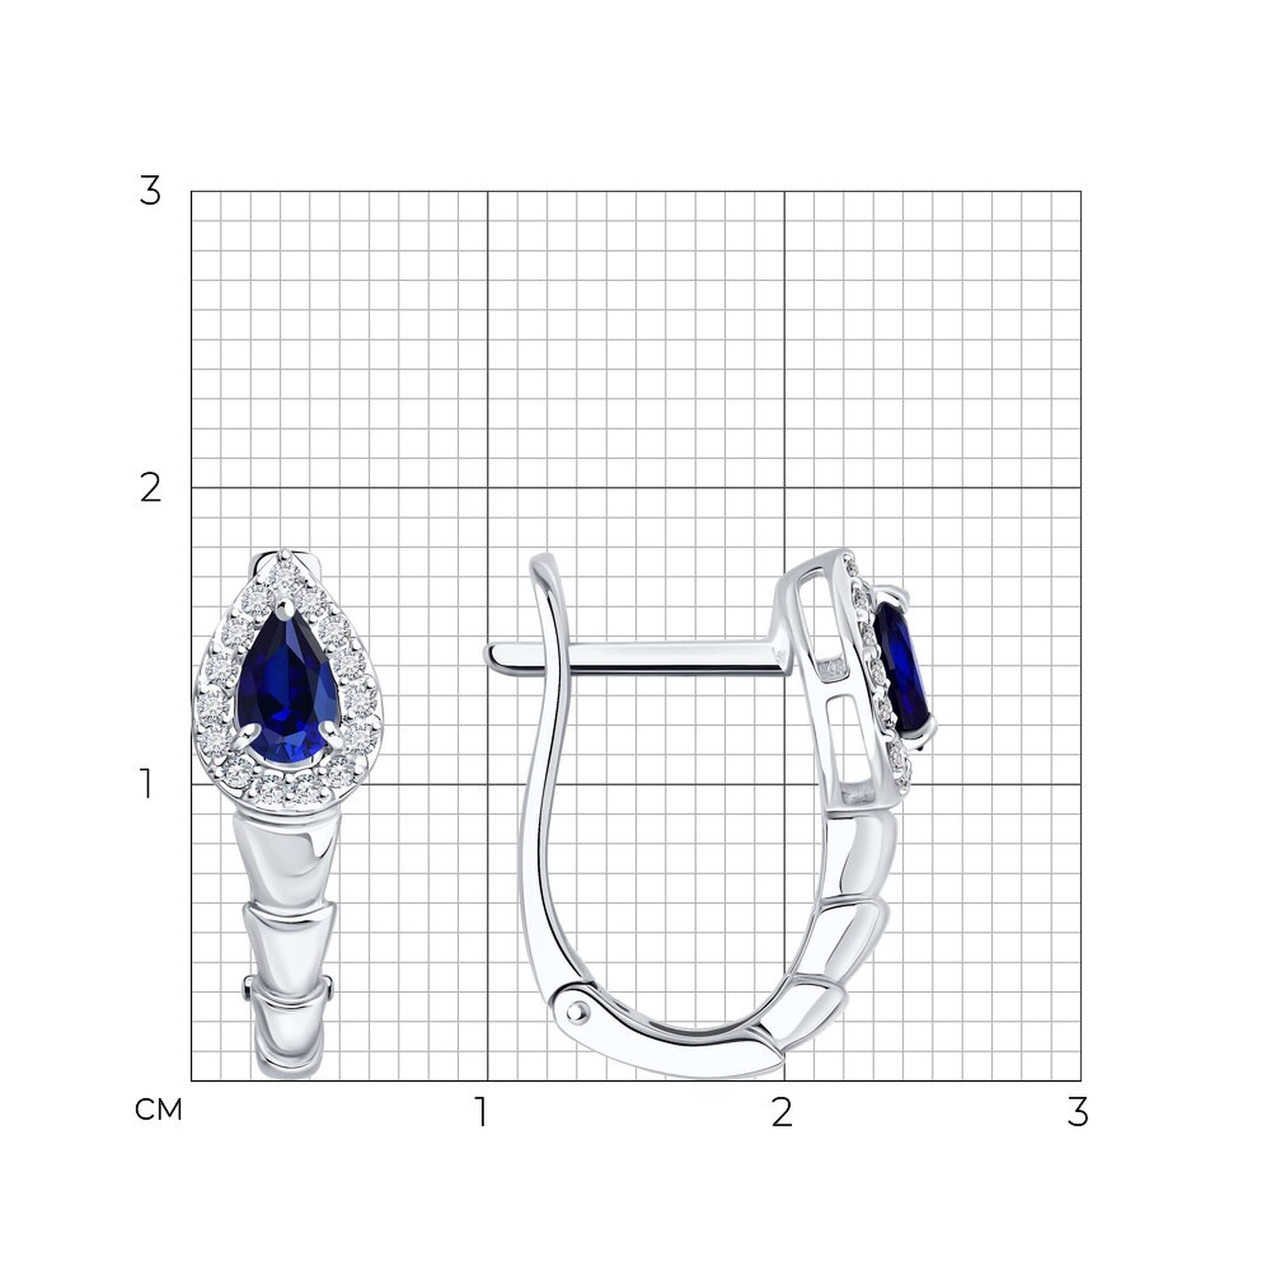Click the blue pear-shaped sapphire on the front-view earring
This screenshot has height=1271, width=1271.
coord(287,687)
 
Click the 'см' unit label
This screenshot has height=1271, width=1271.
coord(158,1110)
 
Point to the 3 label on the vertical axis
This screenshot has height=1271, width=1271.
coord(150,191)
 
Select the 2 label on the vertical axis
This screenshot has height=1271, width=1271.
coord(151,488)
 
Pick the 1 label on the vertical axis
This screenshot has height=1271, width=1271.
coord(147,784)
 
